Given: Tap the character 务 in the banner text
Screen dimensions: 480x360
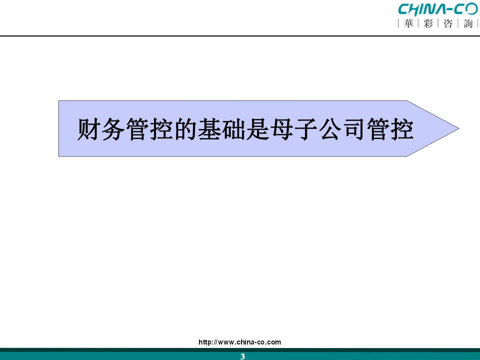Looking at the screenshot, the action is [x=113, y=129].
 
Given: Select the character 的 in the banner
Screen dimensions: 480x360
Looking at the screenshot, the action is [x=185, y=129].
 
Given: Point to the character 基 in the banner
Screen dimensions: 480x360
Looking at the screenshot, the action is [x=209, y=129].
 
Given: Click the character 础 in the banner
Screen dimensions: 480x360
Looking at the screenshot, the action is [x=233, y=129].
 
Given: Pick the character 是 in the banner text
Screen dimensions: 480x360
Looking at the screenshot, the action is [x=258, y=129].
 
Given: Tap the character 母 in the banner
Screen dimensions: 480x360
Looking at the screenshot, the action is [x=282, y=129].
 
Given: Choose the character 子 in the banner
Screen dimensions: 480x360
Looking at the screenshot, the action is [x=306, y=129].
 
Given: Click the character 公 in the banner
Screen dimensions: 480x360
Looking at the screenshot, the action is [x=330, y=129].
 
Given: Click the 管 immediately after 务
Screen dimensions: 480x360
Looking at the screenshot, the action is [x=137, y=129].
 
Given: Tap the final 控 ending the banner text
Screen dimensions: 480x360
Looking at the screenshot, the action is [x=402, y=129].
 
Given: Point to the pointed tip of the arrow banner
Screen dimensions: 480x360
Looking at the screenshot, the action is [x=459, y=129].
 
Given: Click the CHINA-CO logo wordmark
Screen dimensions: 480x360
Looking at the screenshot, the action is [x=438, y=9].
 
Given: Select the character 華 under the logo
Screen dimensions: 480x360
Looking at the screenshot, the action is [x=408, y=23].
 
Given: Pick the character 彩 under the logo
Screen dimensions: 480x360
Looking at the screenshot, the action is [x=428, y=23].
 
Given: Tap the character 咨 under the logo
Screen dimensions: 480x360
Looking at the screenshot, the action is [x=448, y=23].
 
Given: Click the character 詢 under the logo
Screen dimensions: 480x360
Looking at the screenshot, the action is [x=468, y=23].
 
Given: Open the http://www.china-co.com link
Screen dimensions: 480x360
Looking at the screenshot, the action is [x=239, y=342].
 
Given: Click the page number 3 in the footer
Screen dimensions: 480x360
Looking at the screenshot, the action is [x=242, y=356].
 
